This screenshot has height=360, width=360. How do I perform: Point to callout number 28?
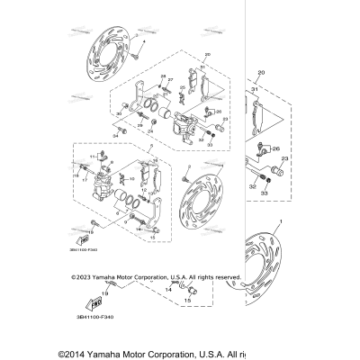point(164,75)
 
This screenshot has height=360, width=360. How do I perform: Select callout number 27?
point(169,80)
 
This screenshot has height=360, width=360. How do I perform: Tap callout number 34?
point(116,136)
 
